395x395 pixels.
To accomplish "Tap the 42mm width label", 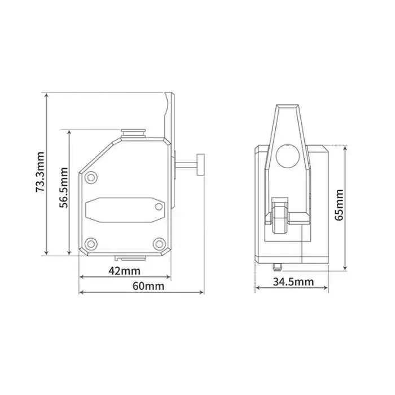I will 124,271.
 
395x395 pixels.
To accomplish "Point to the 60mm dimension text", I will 148,286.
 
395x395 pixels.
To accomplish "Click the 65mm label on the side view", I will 339,205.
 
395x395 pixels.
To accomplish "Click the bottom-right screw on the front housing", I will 160,244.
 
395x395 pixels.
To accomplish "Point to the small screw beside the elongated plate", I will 160,207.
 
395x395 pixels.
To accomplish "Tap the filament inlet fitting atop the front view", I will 134,133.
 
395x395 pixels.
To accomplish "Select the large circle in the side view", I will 288,155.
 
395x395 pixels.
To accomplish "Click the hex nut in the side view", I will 280,214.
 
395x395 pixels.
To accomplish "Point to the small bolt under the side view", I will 276,266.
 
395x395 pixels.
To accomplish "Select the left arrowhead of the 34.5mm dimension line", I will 257,288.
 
